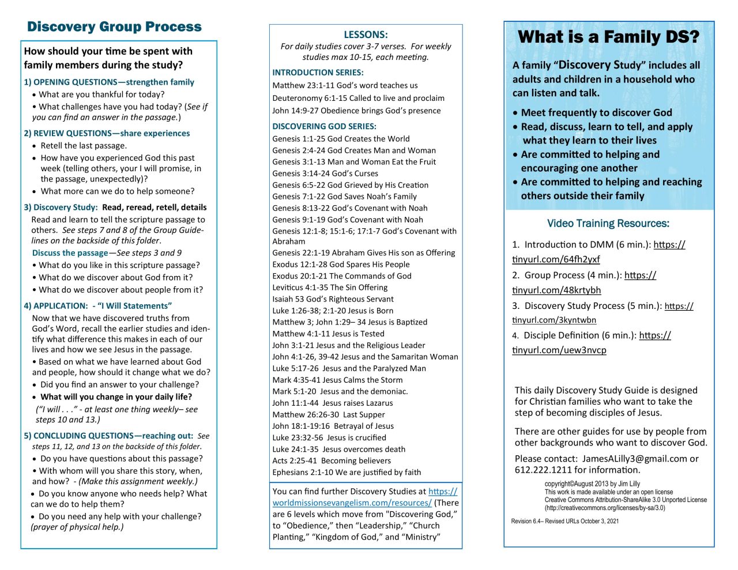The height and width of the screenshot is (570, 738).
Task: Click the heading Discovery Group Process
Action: [114, 27]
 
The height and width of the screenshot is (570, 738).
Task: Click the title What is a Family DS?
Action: [608, 37]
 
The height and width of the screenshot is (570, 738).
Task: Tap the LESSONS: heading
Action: [366, 35]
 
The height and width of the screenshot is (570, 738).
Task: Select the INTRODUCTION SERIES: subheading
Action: [318, 73]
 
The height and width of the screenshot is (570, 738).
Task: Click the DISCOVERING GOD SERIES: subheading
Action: [324, 126]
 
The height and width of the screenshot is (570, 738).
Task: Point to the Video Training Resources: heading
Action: [608, 223]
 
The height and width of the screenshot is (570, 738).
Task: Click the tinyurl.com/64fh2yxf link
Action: [556, 259]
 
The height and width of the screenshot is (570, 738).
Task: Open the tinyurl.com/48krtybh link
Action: [556, 290]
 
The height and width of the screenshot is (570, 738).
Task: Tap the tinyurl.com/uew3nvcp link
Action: [559, 350]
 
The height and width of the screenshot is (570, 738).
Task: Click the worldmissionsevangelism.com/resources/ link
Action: [352, 503]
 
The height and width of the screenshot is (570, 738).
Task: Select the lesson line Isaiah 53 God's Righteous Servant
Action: [333, 299]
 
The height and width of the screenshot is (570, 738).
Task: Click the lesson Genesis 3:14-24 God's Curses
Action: [325, 173]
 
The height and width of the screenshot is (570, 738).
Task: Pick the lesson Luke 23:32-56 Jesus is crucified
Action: [329, 437]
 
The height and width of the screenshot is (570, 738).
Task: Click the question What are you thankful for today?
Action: [101, 94]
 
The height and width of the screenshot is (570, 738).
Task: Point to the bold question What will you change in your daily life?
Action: [116, 397]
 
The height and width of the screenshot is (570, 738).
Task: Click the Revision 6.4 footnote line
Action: [564, 521]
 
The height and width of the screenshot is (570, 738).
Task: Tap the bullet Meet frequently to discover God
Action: [596, 113]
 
